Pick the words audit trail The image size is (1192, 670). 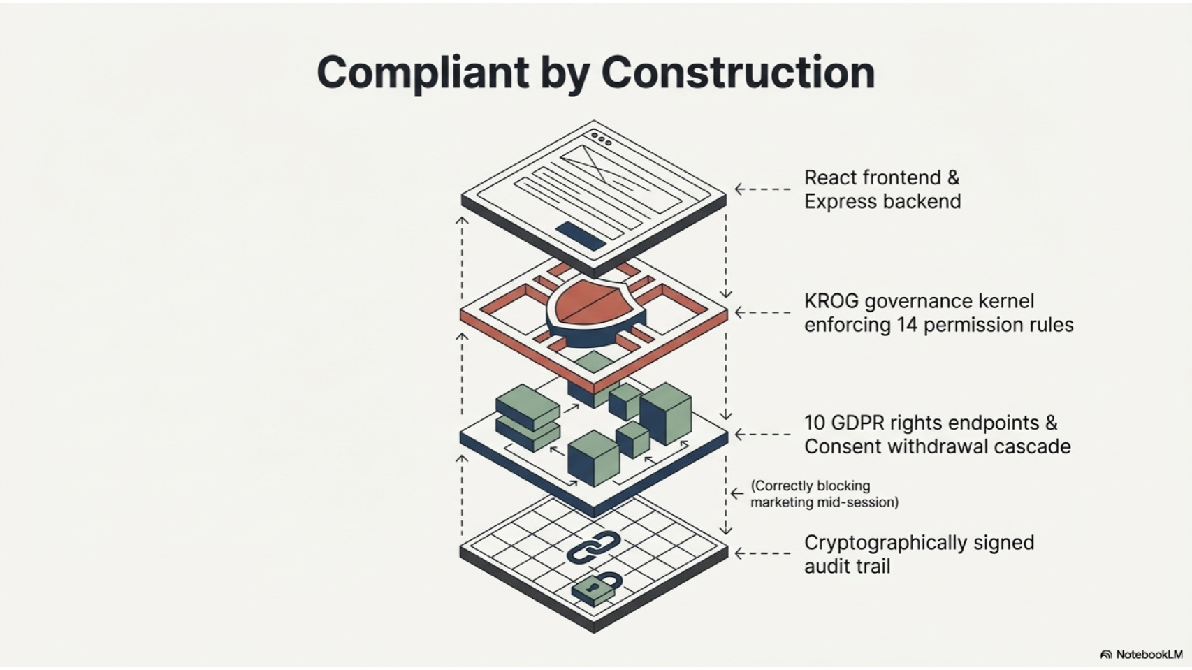[847, 567]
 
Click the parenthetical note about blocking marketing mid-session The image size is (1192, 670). [824, 494]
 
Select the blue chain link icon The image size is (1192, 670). [594, 546]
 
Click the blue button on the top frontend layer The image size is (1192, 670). [581, 235]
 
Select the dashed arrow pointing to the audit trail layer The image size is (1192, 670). [762, 553]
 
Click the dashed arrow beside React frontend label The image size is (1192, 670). [762, 189]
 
